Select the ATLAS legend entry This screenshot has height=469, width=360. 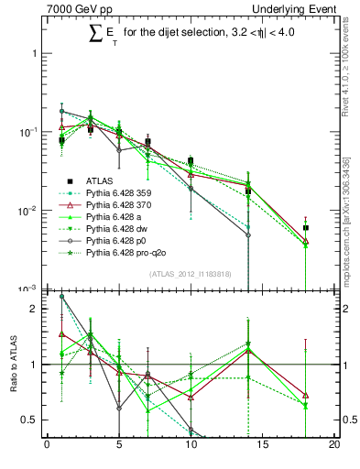point(101,180)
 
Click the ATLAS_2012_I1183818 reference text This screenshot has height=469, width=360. point(190,275)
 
